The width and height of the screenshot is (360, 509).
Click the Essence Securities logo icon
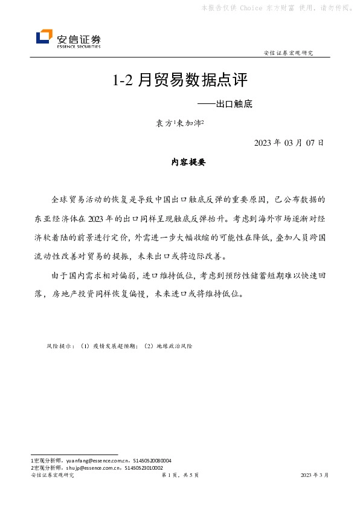[x=44, y=37]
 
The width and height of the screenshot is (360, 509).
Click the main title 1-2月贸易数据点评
[x=181, y=80]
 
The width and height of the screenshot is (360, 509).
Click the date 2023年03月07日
[x=289, y=143]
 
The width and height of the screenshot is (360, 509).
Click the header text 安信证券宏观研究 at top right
[x=289, y=53]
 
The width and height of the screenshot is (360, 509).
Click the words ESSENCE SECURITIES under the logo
[x=79, y=46]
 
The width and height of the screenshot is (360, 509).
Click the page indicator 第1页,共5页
[x=181, y=476]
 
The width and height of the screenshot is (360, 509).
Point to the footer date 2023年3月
[x=315, y=476]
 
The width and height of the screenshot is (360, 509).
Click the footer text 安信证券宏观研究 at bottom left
[x=52, y=476]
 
